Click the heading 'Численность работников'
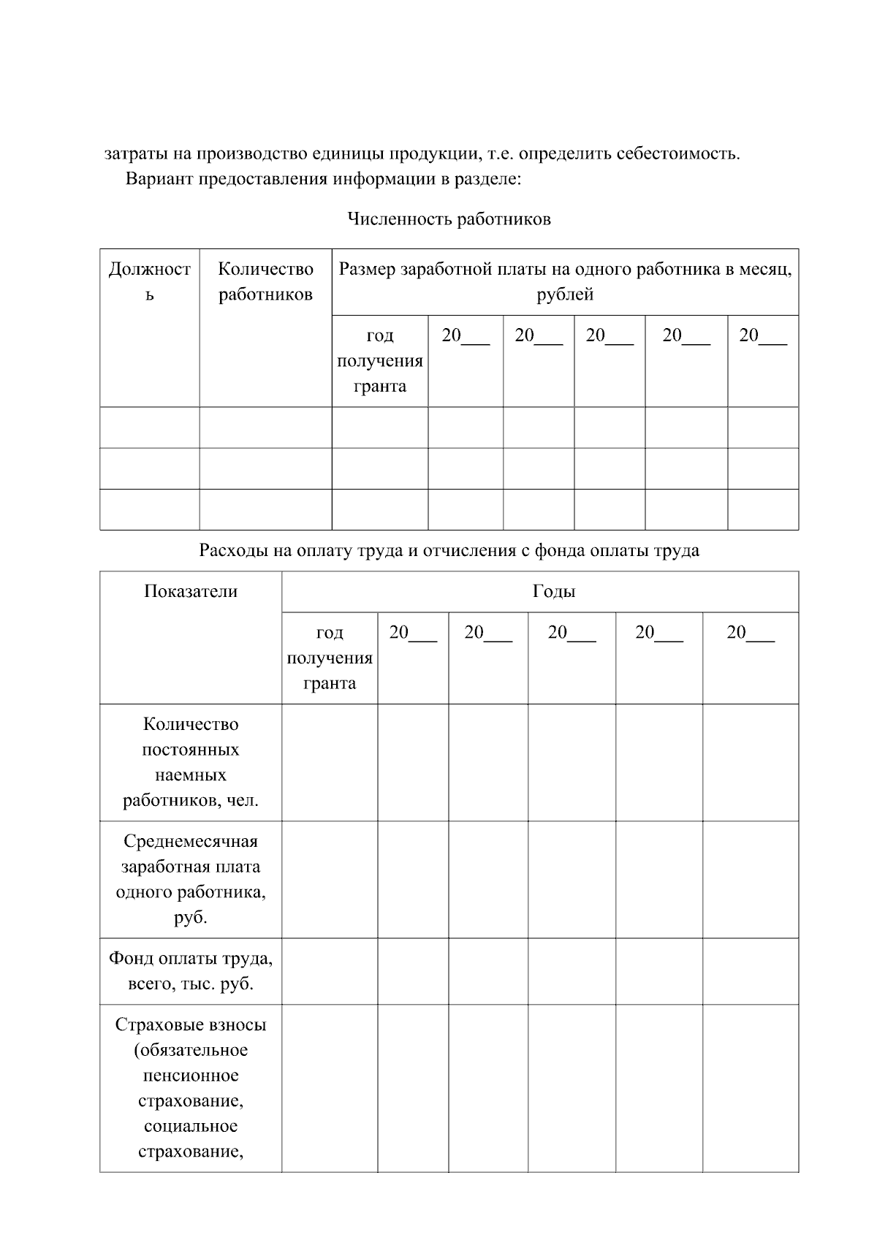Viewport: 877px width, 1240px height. [448, 219]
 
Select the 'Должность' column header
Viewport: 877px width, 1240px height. [149, 281]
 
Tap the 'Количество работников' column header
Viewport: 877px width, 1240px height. [265, 281]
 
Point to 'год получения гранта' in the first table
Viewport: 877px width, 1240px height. [379, 361]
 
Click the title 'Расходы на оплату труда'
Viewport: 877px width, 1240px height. [448, 550]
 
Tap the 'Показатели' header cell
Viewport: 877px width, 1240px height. [191, 591]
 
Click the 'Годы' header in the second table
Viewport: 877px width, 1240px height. [553, 591]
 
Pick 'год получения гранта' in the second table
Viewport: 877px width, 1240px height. [330, 658]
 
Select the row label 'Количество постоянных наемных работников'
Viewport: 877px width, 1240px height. [191, 762]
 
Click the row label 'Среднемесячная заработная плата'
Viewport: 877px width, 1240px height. [191, 879]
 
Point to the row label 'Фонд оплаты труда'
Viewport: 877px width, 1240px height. [191, 970]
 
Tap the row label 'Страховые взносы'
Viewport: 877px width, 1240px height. [191, 1024]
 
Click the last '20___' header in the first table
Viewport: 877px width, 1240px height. [762, 336]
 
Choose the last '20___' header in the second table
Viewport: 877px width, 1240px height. [750, 633]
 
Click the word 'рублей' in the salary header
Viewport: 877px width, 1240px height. [564, 295]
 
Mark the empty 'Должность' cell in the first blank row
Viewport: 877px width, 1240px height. [149, 427]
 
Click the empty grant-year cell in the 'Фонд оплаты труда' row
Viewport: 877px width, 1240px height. [330, 970]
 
